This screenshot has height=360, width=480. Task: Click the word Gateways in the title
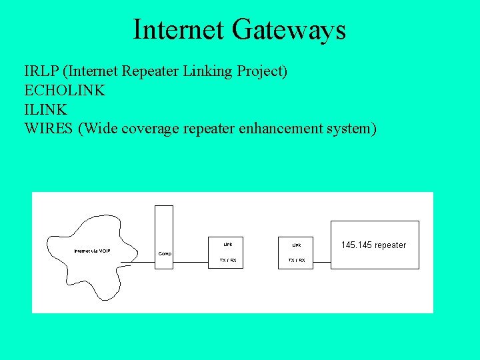289,30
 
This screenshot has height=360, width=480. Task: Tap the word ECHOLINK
65,90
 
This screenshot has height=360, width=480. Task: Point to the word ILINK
45,109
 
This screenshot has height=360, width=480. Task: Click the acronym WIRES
49,127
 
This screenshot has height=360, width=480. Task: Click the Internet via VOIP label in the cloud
92,251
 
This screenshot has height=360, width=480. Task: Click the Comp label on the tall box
165,253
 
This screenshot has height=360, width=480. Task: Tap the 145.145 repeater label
373,245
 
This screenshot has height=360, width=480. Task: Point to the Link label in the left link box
228,244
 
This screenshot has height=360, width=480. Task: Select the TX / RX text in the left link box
228,260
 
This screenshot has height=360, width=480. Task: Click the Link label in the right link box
296,245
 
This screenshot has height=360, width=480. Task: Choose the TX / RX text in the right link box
296,260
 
